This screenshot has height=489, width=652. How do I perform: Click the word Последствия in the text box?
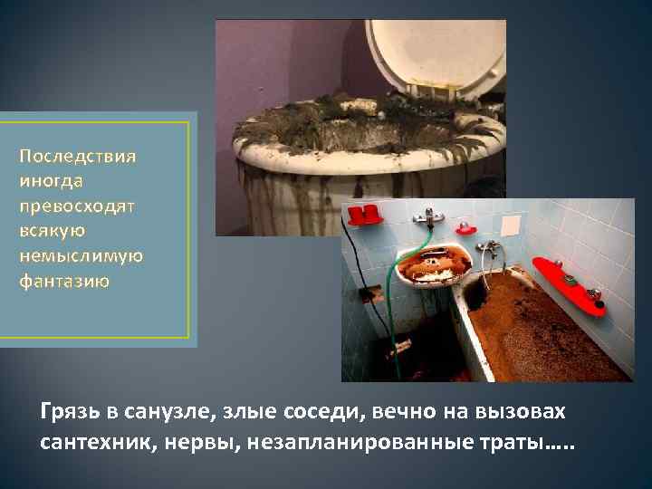78,156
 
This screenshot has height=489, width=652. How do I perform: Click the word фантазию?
64,281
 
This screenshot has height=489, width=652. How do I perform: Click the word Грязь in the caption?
69,413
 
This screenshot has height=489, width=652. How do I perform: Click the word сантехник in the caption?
91,445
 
